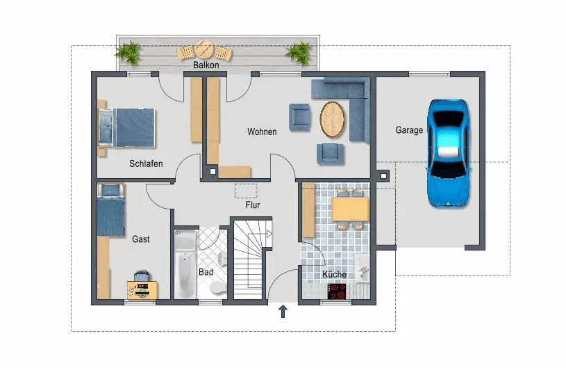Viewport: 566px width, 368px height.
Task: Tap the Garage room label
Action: pyautogui.click(x=409, y=130)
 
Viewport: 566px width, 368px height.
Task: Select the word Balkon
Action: pyautogui.click(x=206, y=65)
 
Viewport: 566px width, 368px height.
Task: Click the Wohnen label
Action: pyautogui.click(x=262, y=131)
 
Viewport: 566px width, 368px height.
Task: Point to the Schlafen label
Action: pyautogui.click(x=146, y=164)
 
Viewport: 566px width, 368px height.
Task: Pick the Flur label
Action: pyautogui.click(x=252, y=206)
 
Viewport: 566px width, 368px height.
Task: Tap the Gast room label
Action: pyautogui.click(x=141, y=239)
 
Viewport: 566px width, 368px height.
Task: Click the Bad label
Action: pyautogui.click(x=206, y=272)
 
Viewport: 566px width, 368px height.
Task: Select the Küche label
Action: pyautogui.click(x=334, y=275)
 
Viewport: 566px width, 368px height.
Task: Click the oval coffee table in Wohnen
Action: pyautogui.click(x=333, y=119)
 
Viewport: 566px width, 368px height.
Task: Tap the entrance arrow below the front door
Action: pyautogui.click(x=283, y=311)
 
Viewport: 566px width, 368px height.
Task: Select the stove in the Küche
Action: pyautogui.click(x=338, y=291)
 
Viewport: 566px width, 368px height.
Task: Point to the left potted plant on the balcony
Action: pyautogui.click(x=128, y=52)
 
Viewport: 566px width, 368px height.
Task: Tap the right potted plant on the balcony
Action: pyautogui.click(x=299, y=52)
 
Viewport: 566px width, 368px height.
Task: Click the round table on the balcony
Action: pyautogui.click(x=203, y=50)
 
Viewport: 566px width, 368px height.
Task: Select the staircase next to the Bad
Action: pyautogui.click(x=250, y=260)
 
